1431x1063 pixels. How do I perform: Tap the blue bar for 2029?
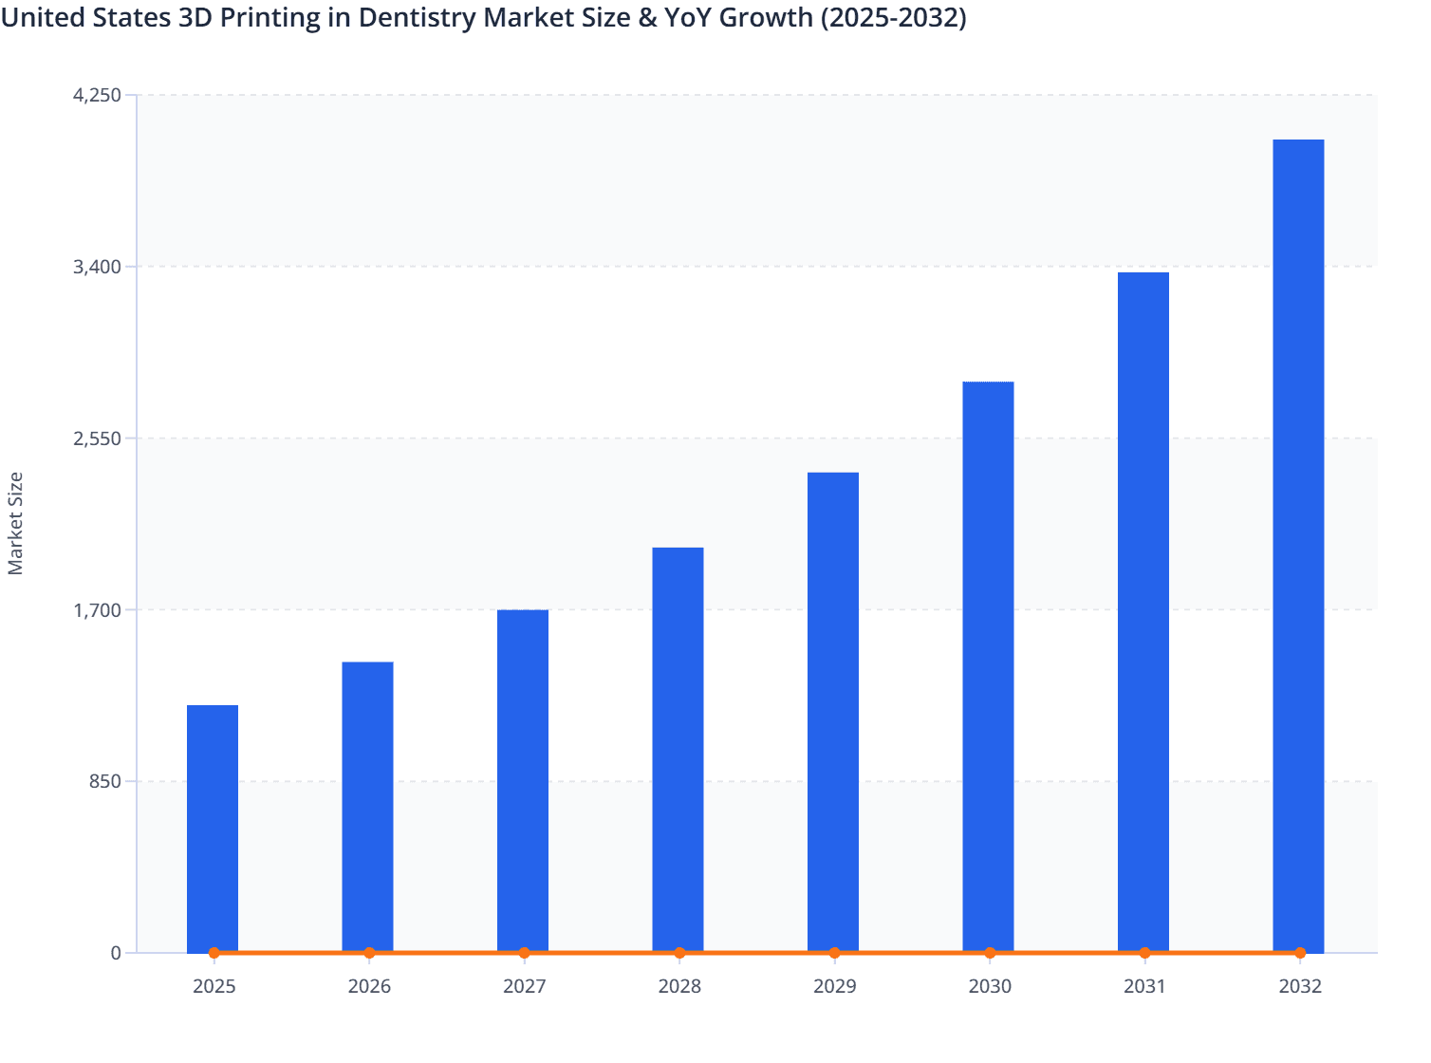pyautogui.click(x=833, y=712)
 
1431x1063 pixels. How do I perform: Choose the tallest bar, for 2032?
pyautogui.click(x=1298, y=546)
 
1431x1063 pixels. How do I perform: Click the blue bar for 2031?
pyautogui.click(x=1143, y=612)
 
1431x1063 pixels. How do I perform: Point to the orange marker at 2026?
pyautogui.click(x=369, y=953)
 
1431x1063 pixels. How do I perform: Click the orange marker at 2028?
pyautogui.click(x=679, y=953)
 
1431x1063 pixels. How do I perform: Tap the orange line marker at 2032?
pyautogui.click(x=1300, y=953)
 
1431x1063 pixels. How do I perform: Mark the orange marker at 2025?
pyautogui.click(x=214, y=953)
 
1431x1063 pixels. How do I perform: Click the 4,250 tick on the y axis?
pyautogui.click(x=98, y=95)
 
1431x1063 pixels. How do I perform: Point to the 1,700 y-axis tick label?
pyautogui.click(x=98, y=609)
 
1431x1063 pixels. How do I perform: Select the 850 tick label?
pyautogui.click(x=104, y=781)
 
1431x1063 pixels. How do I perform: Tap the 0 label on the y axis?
pyautogui.click(x=116, y=953)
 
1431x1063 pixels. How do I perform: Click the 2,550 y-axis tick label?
pyautogui.click(x=98, y=438)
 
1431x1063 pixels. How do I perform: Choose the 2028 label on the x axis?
pyautogui.click(x=679, y=986)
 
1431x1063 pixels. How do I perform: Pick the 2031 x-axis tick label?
pyautogui.click(x=1144, y=986)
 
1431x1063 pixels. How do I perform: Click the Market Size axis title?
pyautogui.click(x=16, y=523)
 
